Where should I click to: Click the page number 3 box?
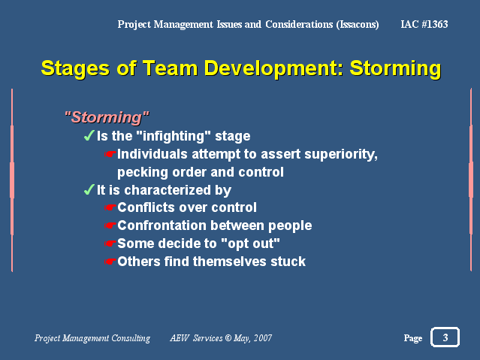[x=445, y=337]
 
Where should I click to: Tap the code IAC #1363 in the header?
[x=424, y=24]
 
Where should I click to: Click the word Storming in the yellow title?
[x=395, y=68]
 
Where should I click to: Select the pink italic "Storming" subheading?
[x=107, y=117]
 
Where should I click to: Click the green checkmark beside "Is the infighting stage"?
[x=89, y=135]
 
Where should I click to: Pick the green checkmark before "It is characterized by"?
[x=89, y=189]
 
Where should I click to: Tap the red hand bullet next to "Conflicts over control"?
[x=110, y=207]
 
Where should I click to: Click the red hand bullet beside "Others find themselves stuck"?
[x=110, y=262]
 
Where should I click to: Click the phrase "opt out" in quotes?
[x=250, y=244]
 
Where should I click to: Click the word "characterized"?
[x=168, y=190]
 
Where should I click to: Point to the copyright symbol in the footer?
[x=228, y=337]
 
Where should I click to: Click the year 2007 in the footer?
[x=263, y=338]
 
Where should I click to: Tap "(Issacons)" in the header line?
[x=358, y=25]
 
